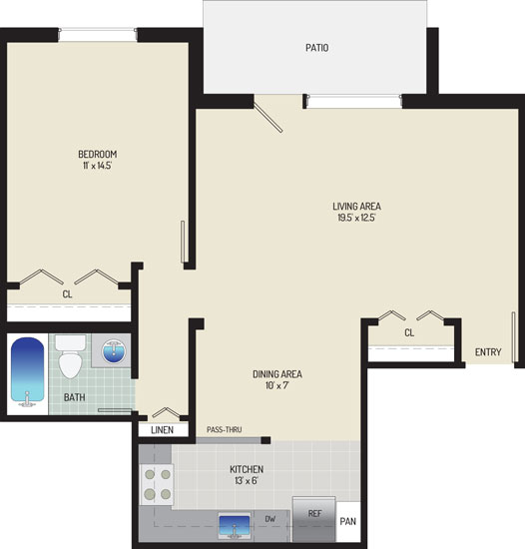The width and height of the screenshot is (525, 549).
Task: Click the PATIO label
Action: (x=317, y=48)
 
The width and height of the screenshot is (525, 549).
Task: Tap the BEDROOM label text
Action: (x=97, y=154)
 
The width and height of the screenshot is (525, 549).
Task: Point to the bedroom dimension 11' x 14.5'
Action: (x=97, y=166)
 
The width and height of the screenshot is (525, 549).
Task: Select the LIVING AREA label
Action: (x=356, y=207)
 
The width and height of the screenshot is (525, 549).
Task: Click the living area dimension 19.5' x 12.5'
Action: (x=356, y=218)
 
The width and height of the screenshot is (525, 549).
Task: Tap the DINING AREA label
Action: (x=277, y=374)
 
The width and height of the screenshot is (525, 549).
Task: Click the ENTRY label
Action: (x=488, y=352)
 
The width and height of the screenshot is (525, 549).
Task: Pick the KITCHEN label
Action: (x=247, y=469)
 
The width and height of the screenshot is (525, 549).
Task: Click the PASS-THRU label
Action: (x=224, y=429)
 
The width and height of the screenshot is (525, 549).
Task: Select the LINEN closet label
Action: (x=162, y=430)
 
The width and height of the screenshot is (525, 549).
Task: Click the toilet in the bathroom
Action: (x=70, y=356)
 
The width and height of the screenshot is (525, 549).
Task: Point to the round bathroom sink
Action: (x=114, y=351)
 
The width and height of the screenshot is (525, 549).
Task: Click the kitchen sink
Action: (x=235, y=526)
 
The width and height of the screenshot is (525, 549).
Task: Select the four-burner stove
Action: (x=157, y=484)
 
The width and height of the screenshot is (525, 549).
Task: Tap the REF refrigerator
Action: (x=314, y=519)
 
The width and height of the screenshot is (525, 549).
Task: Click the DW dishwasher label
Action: (x=270, y=519)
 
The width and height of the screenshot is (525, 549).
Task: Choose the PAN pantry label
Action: (x=348, y=522)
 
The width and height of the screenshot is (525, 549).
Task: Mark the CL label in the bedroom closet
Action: (x=67, y=294)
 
